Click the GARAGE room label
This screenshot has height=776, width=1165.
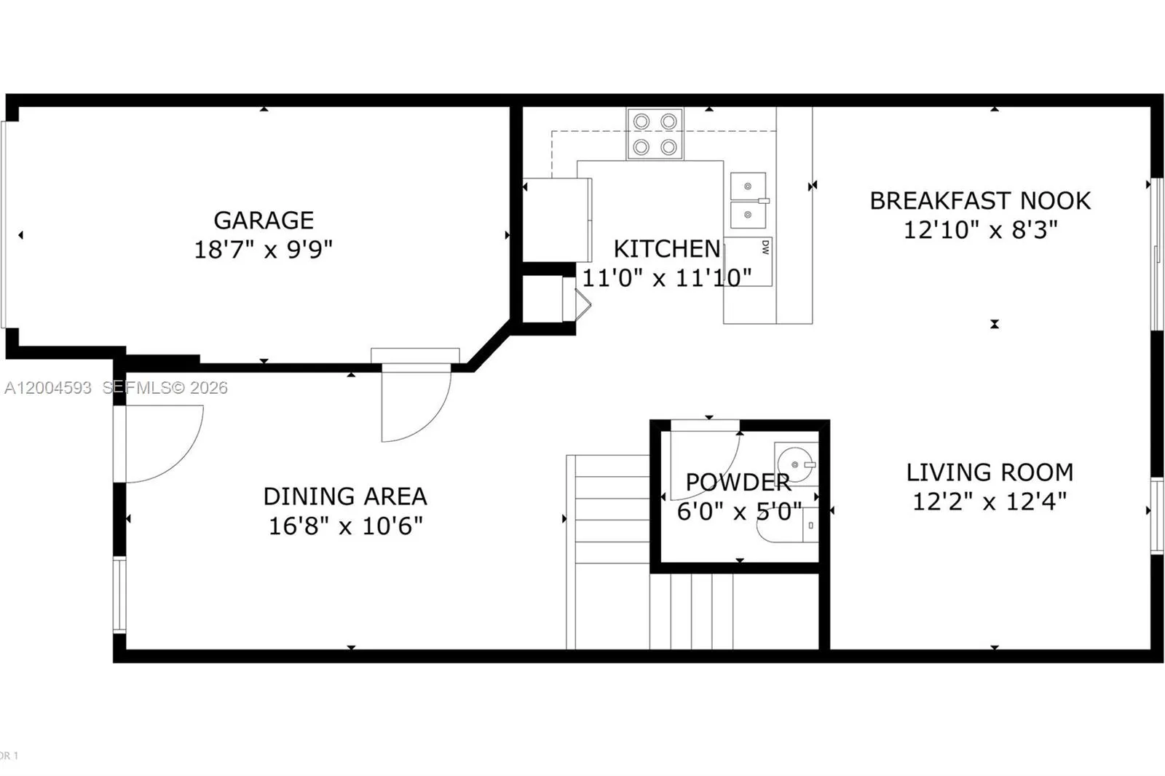pyautogui.click(x=264, y=220)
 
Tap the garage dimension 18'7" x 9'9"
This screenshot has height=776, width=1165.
pyautogui.click(x=264, y=250)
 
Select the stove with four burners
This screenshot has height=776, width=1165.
pyautogui.click(x=655, y=134)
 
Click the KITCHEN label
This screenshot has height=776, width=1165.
pyautogui.click(x=666, y=249)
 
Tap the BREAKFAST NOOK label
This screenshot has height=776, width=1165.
pyautogui.click(x=980, y=201)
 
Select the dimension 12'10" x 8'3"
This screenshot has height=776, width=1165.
pyautogui.click(x=980, y=230)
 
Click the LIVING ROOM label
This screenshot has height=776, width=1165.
pyautogui.click(x=990, y=472)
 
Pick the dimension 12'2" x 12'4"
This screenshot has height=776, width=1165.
pyautogui.click(x=990, y=502)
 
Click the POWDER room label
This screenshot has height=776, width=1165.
pyautogui.click(x=738, y=482)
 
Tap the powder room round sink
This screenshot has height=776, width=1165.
pyautogui.click(x=794, y=464)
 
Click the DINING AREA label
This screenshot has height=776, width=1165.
pyautogui.click(x=345, y=496)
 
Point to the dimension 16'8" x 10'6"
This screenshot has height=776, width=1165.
pyautogui.click(x=345, y=526)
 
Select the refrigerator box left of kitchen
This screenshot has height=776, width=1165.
pyautogui.click(x=557, y=220)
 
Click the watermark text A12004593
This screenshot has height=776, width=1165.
pyautogui.click(x=48, y=388)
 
